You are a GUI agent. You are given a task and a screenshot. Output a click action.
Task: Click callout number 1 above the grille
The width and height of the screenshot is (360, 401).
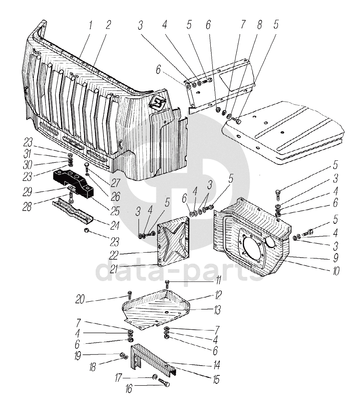[90, 25]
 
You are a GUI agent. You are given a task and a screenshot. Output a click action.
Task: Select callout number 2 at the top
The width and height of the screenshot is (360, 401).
[108, 25]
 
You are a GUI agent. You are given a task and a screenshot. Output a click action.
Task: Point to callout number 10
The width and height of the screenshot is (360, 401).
[336, 272]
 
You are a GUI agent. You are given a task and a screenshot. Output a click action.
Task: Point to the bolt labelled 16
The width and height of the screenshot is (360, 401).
[164, 384]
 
